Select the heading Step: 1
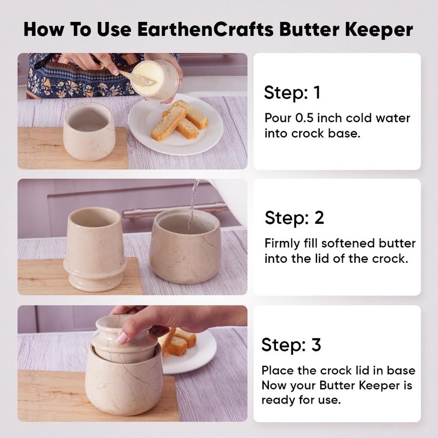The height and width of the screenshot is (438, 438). tap(292, 93)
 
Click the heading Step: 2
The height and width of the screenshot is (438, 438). tap(295, 217)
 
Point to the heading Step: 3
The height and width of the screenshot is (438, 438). tap(291, 345)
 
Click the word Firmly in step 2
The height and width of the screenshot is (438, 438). tap(283, 243)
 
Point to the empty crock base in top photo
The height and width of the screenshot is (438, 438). tap(89, 131)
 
